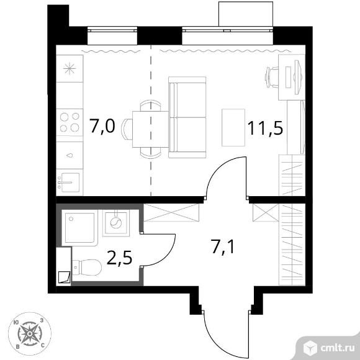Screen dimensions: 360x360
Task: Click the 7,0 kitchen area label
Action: tap(102, 126)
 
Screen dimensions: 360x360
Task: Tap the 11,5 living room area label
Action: tap(265, 128)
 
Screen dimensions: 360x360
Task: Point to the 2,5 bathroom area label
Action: tap(120, 258)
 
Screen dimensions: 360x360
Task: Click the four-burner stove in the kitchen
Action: tap(70, 122)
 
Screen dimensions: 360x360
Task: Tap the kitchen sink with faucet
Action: tap(70, 182)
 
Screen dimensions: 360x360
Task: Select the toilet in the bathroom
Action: tap(87, 268)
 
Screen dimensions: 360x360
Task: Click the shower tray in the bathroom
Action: tap(79, 228)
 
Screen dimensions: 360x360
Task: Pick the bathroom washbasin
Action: tap(115, 223)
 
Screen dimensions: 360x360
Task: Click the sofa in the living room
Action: tap(187, 117)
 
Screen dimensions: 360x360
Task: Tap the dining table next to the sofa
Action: tap(150, 129)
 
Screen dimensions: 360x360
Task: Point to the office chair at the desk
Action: tap(272, 77)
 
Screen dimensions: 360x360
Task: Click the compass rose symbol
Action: tap(30, 333)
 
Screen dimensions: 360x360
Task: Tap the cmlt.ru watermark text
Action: tap(337, 348)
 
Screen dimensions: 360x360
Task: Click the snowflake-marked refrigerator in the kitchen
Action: tap(70, 68)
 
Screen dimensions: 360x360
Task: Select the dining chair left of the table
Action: tap(127, 129)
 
